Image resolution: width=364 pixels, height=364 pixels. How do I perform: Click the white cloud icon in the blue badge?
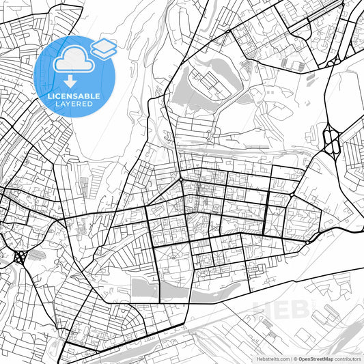[74, 59]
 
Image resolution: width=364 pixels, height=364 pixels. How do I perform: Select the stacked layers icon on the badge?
[103, 48]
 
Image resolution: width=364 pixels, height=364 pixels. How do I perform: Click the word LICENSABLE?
[74, 96]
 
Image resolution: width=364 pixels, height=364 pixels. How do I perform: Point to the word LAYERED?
[74, 104]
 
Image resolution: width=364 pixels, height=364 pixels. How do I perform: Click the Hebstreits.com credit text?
[270, 358]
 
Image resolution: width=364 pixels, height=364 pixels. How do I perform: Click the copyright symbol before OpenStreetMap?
[294, 358]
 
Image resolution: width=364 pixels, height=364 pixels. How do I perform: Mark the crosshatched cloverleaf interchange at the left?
[19, 257]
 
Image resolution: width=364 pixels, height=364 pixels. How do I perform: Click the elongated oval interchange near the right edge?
[332, 141]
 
